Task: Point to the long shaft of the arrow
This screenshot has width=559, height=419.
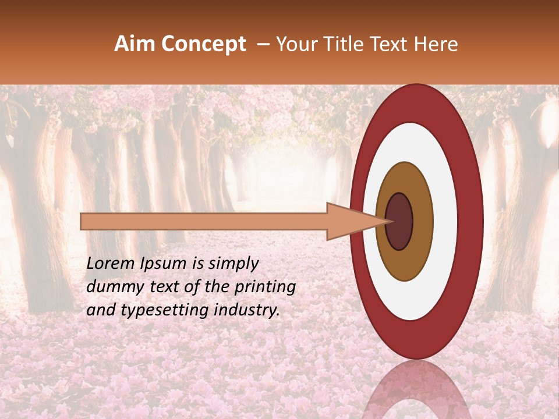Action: click(x=204, y=221)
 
